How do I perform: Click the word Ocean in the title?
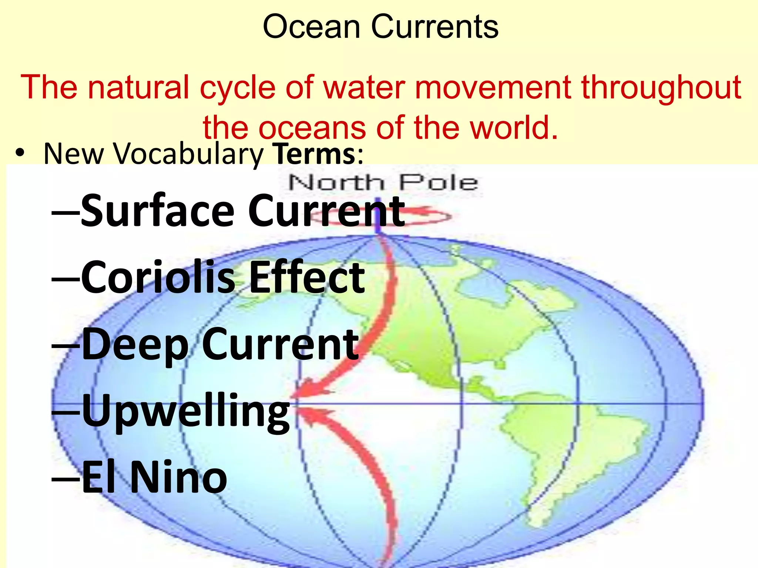pyautogui.click(x=311, y=27)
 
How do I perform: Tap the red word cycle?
pyautogui.click(x=238, y=88)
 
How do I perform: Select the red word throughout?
pyautogui.click(x=661, y=88)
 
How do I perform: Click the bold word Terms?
pyautogui.click(x=313, y=154)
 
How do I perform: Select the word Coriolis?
pyautogui.click(x=158, y=277)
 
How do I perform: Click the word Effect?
pyautogui.click(x=307, y=277)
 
